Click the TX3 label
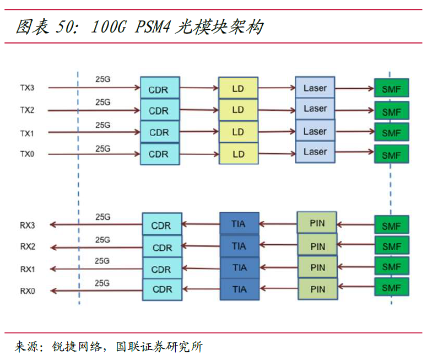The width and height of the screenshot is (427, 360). point(27,88)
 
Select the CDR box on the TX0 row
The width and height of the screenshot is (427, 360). point(159,154)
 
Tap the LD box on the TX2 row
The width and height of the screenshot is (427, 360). point(238,110)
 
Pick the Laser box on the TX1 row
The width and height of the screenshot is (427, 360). point(315,131)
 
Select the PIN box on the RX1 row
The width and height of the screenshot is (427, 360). point(317,267)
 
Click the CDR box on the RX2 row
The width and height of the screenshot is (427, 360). point(163,248)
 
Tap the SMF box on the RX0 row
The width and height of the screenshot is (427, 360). point(392,288)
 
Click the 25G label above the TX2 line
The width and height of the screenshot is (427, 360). point(103,102)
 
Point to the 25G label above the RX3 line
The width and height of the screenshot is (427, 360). point(103,217)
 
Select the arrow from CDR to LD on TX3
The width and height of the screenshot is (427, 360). point(198,87)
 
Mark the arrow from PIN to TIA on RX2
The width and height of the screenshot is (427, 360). point(278,246)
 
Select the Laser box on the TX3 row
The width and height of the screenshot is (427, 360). point(315,88)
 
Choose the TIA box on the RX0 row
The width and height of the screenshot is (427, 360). point(239,288)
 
